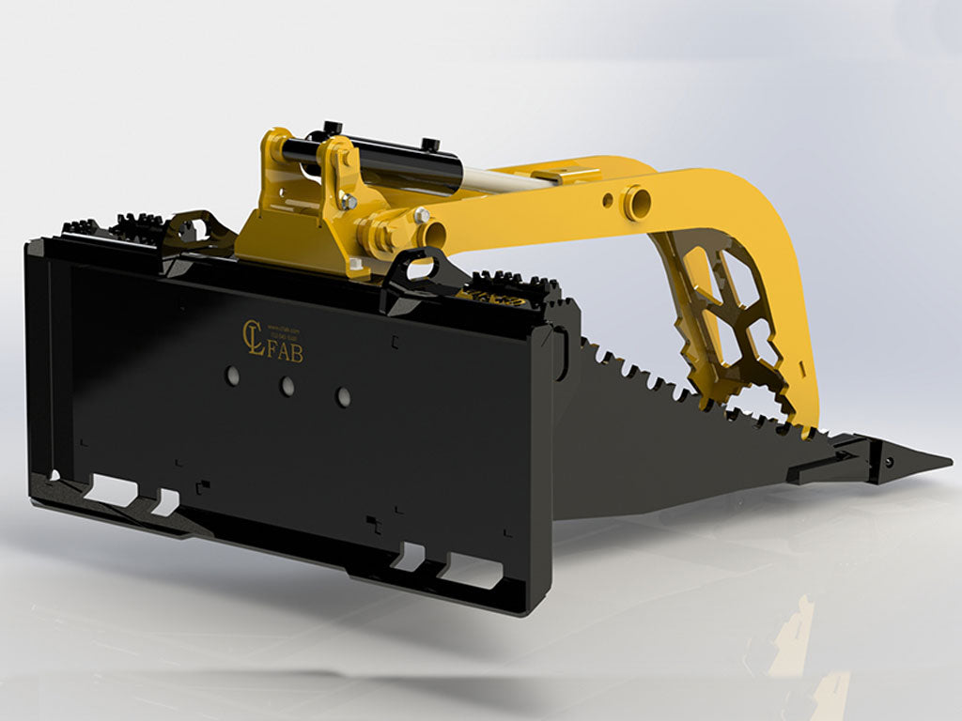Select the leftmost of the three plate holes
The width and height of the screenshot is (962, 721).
pyautogui.click(x=230, y=375)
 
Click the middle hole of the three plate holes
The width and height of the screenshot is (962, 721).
pyautogui.click(x=286, y=385)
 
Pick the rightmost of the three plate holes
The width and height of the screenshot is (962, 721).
pyautogui.click(x=343, y=396)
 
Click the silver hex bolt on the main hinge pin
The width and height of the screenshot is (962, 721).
pyautogui.click(x=420, y=216)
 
